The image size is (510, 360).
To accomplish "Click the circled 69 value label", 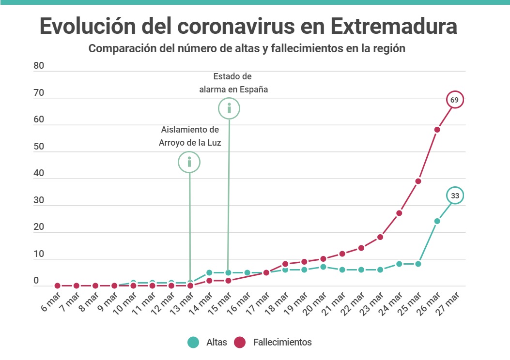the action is coord(454,100).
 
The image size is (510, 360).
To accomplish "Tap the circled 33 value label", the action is coord(455,195).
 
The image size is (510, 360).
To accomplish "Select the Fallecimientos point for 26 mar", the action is coord(437,130).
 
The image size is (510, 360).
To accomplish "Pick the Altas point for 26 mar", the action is coord(437,221).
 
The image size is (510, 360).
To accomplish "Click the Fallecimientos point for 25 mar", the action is coord(418,181).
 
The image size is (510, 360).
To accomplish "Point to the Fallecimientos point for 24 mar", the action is coord(399,213).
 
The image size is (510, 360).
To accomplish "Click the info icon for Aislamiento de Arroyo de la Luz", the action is coord(189,162).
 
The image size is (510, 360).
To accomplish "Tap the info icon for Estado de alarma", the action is coord(229,108).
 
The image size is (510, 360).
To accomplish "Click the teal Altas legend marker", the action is coord(193,342).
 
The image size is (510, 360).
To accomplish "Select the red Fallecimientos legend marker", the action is coord(240,342).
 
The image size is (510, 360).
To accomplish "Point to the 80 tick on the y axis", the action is coord(39,66).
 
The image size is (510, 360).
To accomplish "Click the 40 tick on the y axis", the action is coord(39,173).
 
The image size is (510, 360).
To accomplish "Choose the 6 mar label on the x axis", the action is coord(51,302).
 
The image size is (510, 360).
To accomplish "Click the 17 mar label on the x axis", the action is coord(258,303).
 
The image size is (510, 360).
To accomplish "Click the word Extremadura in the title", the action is coord(394,26).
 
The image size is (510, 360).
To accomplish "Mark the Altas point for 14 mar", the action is coord(209,272).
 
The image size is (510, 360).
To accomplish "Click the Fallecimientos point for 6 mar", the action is coord(58,285).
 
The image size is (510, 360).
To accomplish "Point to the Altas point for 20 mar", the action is coord(323,267).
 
